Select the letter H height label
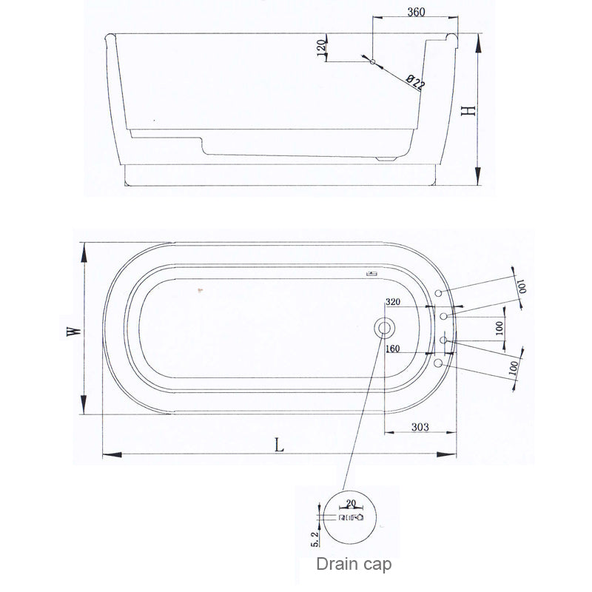[467, 110]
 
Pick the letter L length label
[279, 445]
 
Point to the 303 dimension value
[420, 427]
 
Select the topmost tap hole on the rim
[438, 294]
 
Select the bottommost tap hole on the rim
[438, 363]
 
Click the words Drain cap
[354, 564]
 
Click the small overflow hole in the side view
[373, 61]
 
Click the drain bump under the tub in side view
[386, 158]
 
